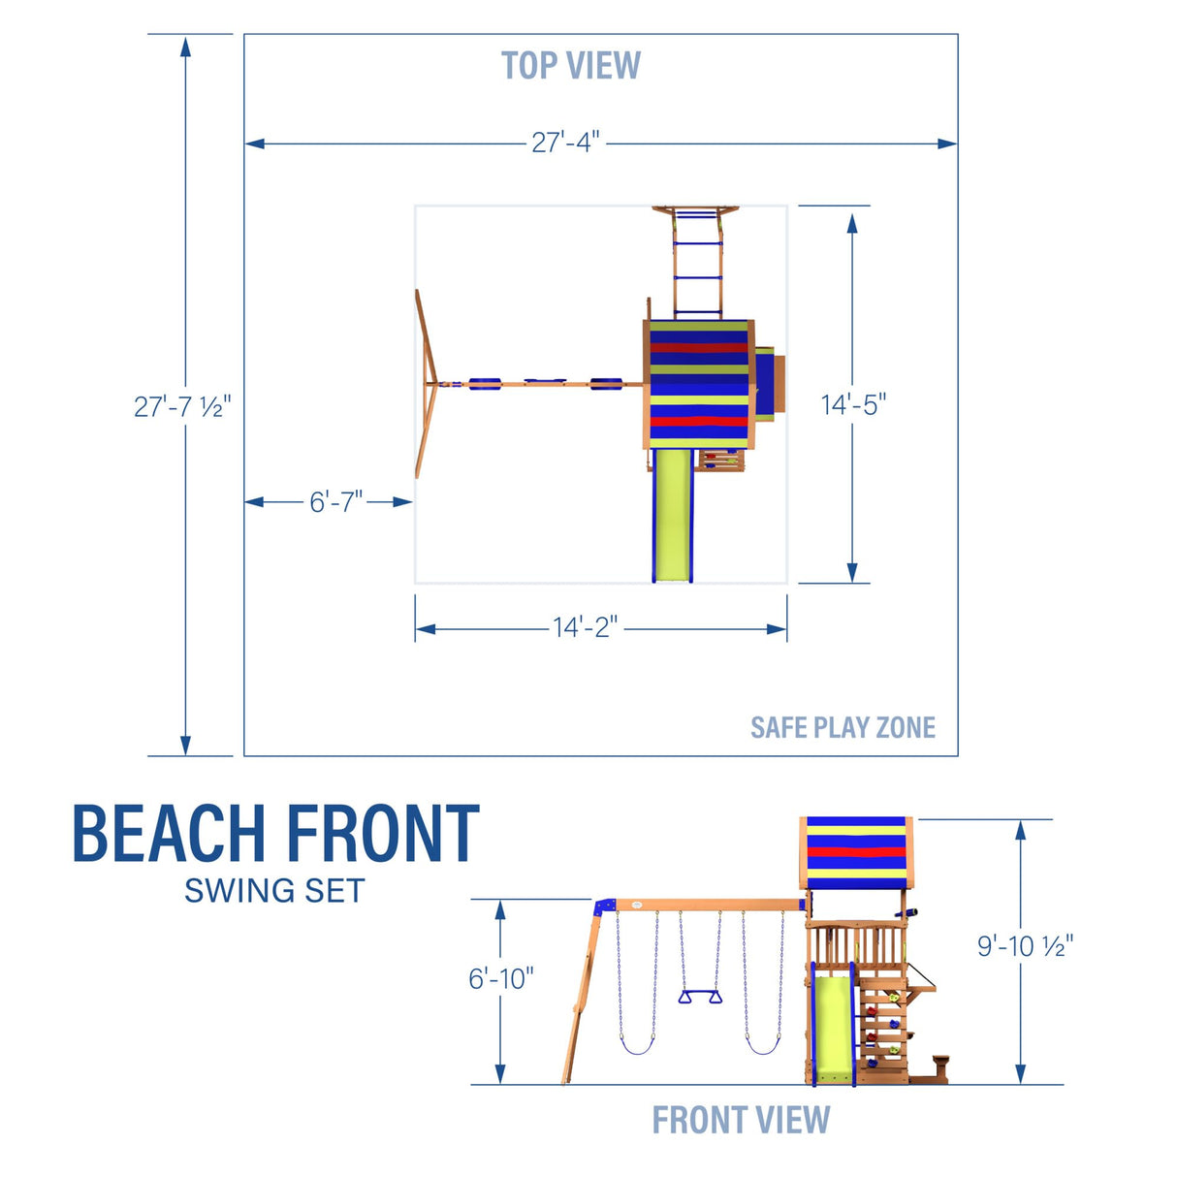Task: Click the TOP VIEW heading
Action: (x=570, y=66)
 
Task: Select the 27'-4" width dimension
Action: (x=565, y=143)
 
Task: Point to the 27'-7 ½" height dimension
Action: (x=182, y=406)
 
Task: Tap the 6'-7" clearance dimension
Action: (x=335, y=501)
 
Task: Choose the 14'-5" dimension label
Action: (x=853, y=404)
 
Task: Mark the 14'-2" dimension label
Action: (x=585, y=627)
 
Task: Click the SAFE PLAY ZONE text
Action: (x=843, y=727)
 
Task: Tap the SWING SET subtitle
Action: (x=274, y=890)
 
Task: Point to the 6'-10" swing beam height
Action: (x=500, y=978)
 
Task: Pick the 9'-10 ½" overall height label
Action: (x=1025, y=945)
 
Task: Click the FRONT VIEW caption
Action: (x=741, y=1120)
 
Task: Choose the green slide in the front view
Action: (x=832, y=1028)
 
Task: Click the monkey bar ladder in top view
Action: (x=698, y=262)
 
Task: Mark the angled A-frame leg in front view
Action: (x=583, y=999)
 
